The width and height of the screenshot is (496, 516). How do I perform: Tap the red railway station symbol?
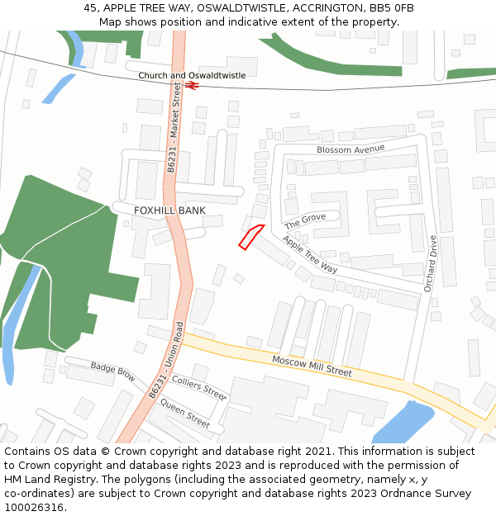pyautogui.click(x=191, y=84)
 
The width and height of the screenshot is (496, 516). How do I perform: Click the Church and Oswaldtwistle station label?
pyautogui.click(x=192, y=75)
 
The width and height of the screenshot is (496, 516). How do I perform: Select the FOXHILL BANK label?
pyautogui.click(x=169, y=211)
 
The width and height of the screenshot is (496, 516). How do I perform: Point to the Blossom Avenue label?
pyautogui.click(x=351, y=149)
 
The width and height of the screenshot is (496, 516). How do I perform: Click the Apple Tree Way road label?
pyautogui.click(x=310, y=255)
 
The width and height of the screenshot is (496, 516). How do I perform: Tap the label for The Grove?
pyautogui.click(x=305, y=220)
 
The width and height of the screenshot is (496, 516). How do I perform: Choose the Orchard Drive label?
pyautogui.click(x=430, y=263)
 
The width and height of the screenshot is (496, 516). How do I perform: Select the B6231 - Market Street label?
pyautogui.click(x=174, y=132)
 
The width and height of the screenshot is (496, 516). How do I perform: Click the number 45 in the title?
pyautogui.click(x=90, y=8)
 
